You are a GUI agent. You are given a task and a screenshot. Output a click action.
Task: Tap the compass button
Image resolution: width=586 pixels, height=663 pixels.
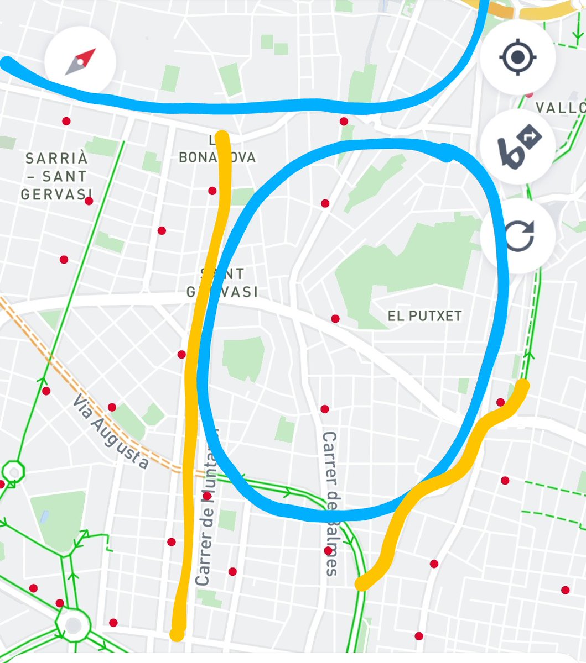pyautogui.click(x=80, y=61)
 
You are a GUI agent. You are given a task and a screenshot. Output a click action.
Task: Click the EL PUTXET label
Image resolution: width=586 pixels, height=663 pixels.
pyautogui.click(x=424, y=316)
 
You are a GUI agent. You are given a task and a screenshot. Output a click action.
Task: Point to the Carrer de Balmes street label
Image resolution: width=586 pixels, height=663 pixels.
pyautogui.click(x=331, y=503)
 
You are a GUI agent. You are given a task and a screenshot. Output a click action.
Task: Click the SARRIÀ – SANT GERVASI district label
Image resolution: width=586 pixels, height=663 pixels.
pyautogui.click(x=56, y=176)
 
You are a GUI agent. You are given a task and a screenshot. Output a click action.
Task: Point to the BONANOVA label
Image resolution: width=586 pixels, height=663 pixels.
pyautogui.click(x=217, y=157)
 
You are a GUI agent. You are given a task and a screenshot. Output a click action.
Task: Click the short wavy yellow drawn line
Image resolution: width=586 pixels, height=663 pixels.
pyautogui.click(x=443, y=481)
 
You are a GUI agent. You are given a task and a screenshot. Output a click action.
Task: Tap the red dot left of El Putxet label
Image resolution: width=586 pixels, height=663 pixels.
pyautogui.click(x=335, y=319)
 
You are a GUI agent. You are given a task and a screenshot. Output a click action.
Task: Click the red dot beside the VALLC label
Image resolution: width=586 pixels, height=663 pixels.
pyautogui.click(x=530, y=94)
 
